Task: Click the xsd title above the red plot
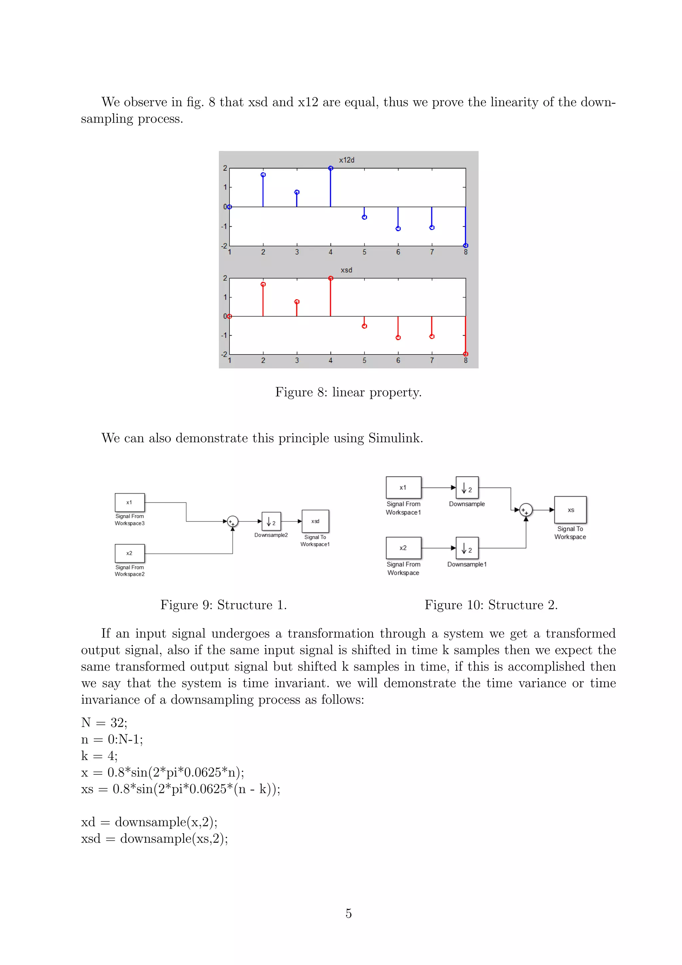pos(346,270)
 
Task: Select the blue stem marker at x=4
pos(330,169)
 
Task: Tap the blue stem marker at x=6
pos(398,229)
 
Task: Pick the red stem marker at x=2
pos(263,285)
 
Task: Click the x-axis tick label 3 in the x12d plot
pos(297,252)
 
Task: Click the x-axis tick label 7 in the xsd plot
pos(432,361)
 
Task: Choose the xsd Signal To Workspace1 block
pos(315,521)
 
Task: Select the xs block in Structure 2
pos(570,510)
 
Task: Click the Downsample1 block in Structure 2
pos(467,548)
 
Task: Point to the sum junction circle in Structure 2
pos(526,510)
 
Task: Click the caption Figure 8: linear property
pos(348,392)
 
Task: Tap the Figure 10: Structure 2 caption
pos(491,605)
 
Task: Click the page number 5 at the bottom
pos(349,913)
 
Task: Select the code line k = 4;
pos(100,756)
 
